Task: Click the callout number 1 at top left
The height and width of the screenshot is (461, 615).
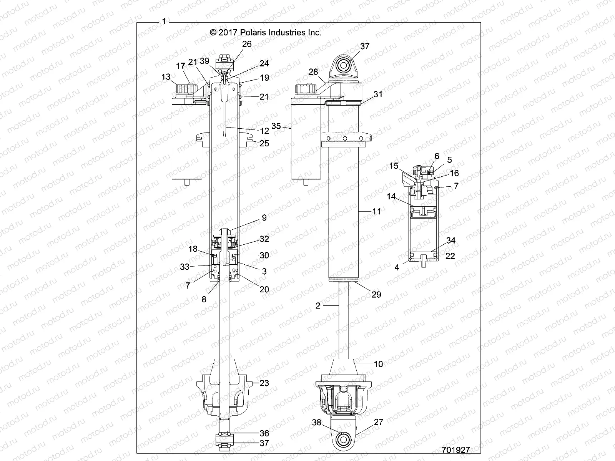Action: coord(164,22)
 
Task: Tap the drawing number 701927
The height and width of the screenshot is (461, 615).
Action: coord(456,450)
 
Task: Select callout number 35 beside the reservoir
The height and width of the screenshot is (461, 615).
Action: coord(276,126)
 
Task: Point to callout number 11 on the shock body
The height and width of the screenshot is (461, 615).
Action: coord(377,211)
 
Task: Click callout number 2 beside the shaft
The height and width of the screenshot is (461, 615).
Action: coord(318,306)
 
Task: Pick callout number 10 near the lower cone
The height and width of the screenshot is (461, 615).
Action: coord(378,364)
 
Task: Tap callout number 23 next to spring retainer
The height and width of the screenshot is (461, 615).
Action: coord(264,383)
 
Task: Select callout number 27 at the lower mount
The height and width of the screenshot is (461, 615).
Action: coord(379,422)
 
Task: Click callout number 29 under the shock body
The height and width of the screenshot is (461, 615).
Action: coord(376,294)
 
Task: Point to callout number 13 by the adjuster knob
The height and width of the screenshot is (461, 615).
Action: coord(166,77)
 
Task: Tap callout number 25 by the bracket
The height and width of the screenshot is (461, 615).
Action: coord(264,143)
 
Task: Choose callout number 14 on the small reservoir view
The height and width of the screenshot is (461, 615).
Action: coord(391,196)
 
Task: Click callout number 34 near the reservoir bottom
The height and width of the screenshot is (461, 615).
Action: coord(450,240)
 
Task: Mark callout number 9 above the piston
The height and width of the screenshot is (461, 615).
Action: coord(264,217)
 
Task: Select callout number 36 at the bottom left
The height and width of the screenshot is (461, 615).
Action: coord(264,433)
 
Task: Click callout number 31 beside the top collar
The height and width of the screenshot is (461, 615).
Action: coord(378,94)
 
